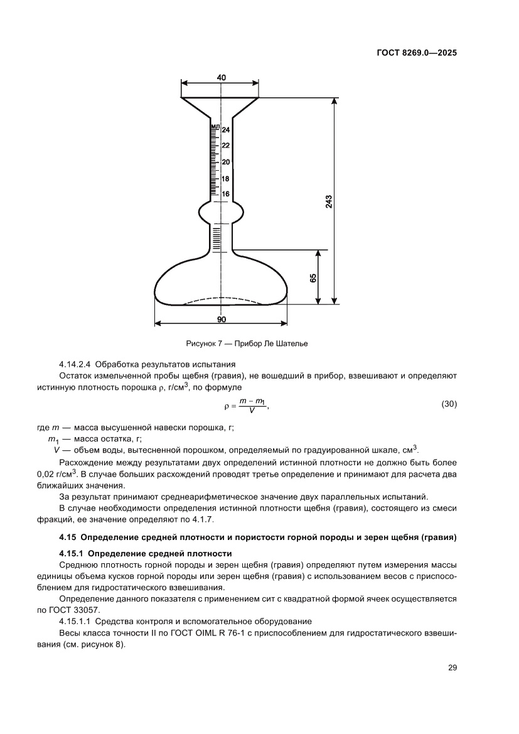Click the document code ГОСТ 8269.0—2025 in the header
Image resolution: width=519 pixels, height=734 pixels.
[x=417, y=53]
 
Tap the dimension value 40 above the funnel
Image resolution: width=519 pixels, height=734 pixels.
[x=221, y=77]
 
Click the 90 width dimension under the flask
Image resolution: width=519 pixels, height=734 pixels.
[x=221, y=319]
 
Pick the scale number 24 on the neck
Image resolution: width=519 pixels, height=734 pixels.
[x=226, y=130]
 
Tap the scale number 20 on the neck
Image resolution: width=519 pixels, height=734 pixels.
[x=226, y=162]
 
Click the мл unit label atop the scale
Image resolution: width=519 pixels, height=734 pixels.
[x=215, y=126]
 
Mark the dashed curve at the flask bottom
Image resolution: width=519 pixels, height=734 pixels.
[x=220, y=299]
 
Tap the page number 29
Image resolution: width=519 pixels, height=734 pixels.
[x=452, y=667]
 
